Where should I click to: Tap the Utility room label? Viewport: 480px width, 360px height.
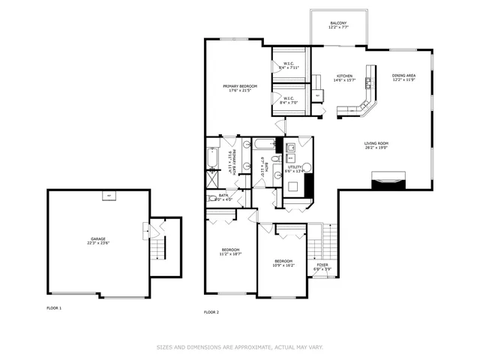(295, 169)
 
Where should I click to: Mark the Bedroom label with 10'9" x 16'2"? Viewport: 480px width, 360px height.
(283, 262)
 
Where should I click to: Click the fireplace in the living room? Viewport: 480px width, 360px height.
(389, 178)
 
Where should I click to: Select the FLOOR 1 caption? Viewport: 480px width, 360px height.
(54, 308)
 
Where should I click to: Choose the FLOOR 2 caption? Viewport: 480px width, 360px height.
(211, 312)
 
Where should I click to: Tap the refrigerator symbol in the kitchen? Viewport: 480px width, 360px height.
(318, 95)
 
